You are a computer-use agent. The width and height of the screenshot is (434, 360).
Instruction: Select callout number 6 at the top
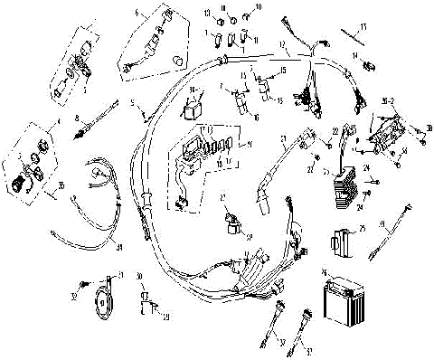tap(137, 14)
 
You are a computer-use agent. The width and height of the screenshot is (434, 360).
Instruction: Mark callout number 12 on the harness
tap(283, 45)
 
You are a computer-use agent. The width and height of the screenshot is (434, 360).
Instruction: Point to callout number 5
tap(131, 102)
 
